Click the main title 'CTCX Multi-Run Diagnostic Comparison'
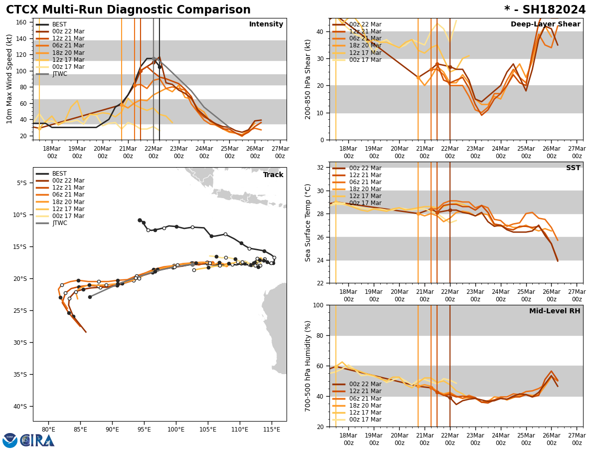coord(128,10)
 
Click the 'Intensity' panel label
coord(266,24)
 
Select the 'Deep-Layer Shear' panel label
coord(545,24)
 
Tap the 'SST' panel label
coord(573,168)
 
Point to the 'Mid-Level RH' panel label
coord(555,311)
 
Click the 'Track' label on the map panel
coord(273,175)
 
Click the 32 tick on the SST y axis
coord(321,168)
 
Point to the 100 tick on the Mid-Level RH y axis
coord(319,305)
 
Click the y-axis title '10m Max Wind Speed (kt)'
coord(9,78)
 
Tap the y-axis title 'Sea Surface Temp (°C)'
coord(308,223)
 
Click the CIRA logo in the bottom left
coord(29,440)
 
